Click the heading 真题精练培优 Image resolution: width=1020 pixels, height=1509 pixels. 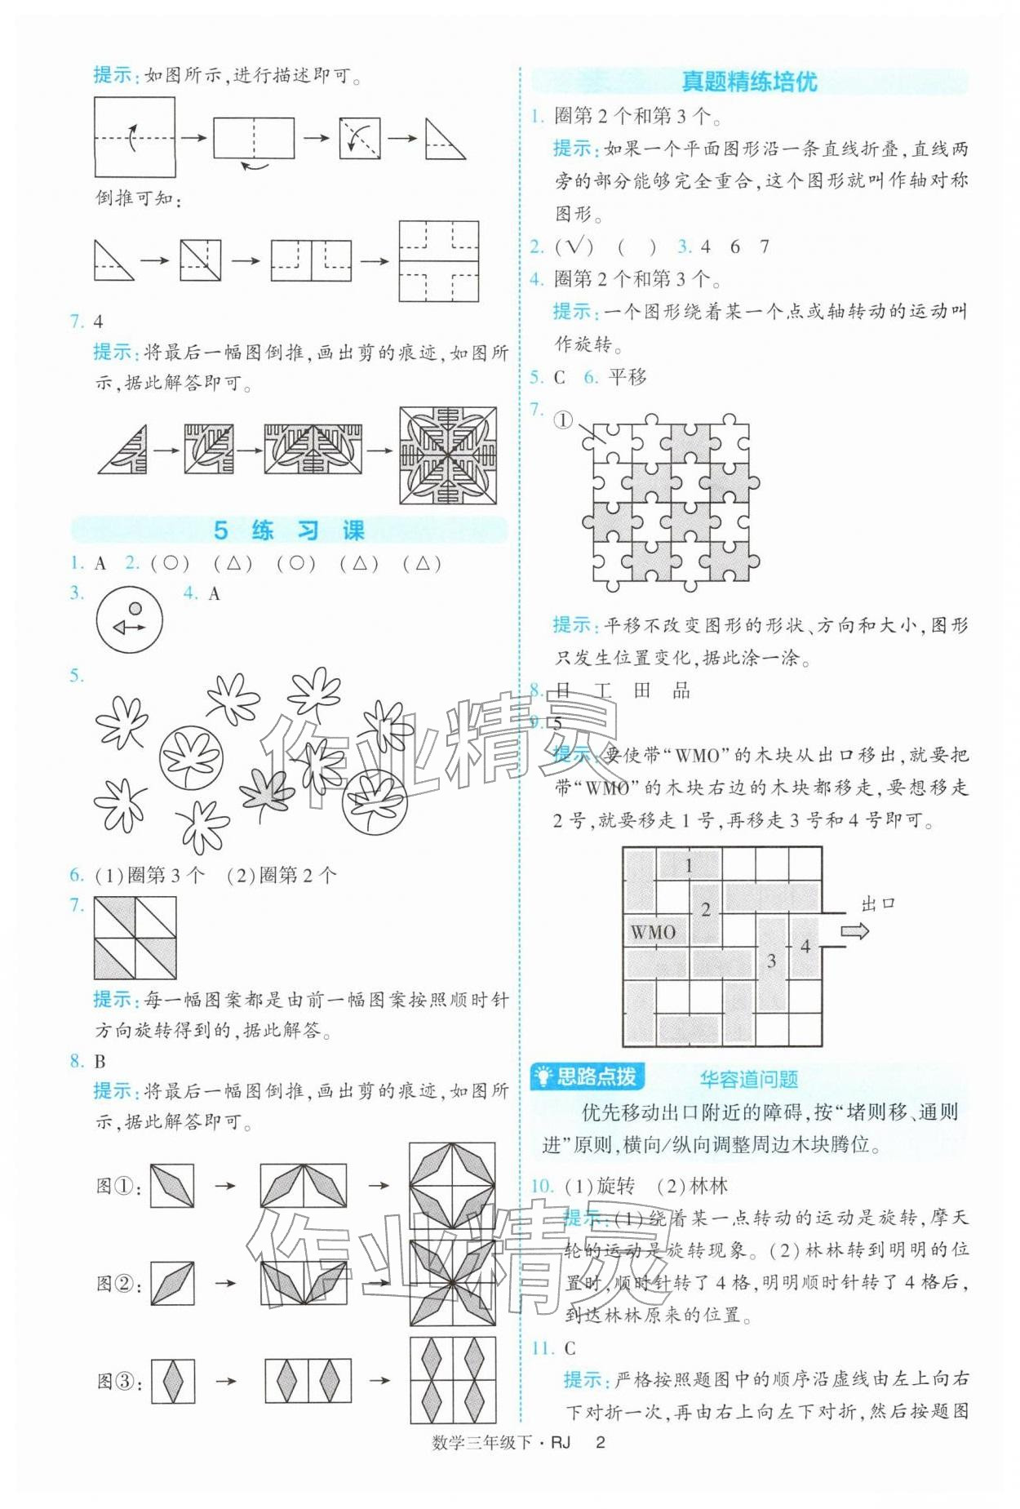748,82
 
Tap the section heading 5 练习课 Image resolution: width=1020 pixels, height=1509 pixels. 289,530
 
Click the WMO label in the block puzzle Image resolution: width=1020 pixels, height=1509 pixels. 653,931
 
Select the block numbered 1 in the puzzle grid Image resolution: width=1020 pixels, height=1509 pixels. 690,865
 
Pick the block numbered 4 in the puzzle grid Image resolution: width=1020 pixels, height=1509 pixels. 805,947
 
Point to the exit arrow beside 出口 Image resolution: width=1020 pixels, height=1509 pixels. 854,931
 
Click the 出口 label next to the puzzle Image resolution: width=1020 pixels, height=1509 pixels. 878,903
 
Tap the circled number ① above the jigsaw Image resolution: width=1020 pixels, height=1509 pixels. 563,420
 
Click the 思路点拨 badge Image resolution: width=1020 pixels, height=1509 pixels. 588,1076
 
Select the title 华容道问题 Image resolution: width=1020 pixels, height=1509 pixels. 748,1079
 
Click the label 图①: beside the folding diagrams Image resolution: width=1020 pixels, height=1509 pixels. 118,1186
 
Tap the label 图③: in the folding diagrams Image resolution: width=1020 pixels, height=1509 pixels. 119,1381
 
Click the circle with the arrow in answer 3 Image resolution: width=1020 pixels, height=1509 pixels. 129,620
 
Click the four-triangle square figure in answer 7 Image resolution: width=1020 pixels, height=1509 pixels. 135,938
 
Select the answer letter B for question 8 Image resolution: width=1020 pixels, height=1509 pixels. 100,1061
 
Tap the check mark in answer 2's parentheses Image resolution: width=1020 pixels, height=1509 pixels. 574,246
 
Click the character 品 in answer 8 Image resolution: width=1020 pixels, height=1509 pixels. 681,690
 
